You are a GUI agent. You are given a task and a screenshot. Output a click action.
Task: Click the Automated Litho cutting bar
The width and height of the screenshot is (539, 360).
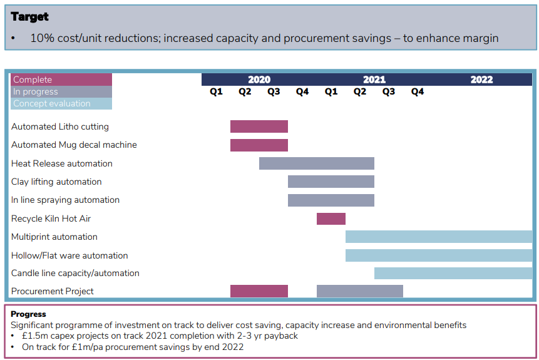tap(259, 126)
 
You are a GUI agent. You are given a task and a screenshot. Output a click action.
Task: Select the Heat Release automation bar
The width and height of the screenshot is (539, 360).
tap(317, 163)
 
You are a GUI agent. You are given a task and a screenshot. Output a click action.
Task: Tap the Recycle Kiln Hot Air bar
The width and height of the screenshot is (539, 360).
tap(331, 219)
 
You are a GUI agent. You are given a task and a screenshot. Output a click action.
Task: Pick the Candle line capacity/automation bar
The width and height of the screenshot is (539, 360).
tap(453, 273)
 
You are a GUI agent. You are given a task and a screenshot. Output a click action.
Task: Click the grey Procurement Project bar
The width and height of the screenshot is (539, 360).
tap(360, 291)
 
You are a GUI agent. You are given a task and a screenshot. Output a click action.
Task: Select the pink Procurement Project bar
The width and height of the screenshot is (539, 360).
tap(259, 291)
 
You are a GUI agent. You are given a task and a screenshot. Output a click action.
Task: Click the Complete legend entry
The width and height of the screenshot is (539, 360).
tap(61, 80)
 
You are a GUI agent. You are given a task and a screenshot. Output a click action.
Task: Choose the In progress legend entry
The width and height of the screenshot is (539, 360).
tap(61, 91)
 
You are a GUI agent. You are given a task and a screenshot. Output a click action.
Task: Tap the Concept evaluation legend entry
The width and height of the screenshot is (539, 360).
tap(61, 103)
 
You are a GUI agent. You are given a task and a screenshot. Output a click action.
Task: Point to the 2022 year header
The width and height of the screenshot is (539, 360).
tap(481, 80)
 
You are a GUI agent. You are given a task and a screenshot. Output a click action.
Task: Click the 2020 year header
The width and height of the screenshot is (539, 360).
tap(259, 80)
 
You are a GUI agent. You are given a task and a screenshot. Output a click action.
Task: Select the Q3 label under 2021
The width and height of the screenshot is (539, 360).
tap(388, 92)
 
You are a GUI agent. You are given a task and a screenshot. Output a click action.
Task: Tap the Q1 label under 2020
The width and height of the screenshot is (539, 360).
tap(216, 92)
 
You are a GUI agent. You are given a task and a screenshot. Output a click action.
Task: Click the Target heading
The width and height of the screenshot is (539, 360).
tap(29, 17)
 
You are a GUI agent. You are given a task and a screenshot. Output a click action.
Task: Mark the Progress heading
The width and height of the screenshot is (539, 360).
tap(28, 314)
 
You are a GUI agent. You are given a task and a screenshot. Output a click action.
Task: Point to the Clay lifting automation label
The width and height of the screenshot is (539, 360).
tap(56, 182)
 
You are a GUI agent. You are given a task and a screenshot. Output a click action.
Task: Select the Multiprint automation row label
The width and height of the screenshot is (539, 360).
tap(54, 237)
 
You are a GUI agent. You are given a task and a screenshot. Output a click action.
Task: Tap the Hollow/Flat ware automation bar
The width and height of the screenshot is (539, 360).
tap(439, 255)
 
